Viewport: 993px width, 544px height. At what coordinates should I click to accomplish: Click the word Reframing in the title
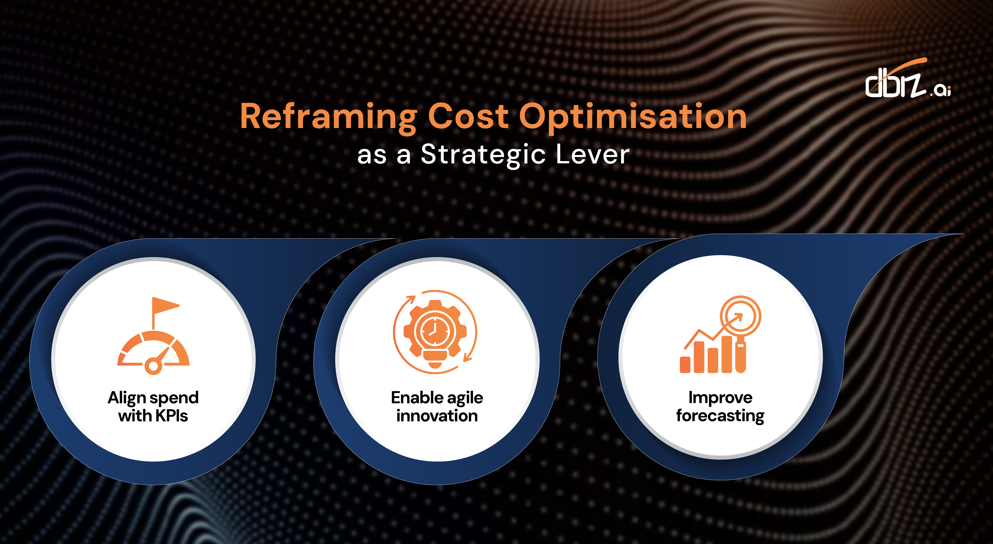point(328,116)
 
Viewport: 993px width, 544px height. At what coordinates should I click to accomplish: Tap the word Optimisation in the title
point(633,116)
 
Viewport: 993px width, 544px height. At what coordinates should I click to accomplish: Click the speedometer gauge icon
point(153,349)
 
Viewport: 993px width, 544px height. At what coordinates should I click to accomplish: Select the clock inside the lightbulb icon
point(434,331)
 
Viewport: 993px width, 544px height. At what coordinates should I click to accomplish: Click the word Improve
point(720,397)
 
